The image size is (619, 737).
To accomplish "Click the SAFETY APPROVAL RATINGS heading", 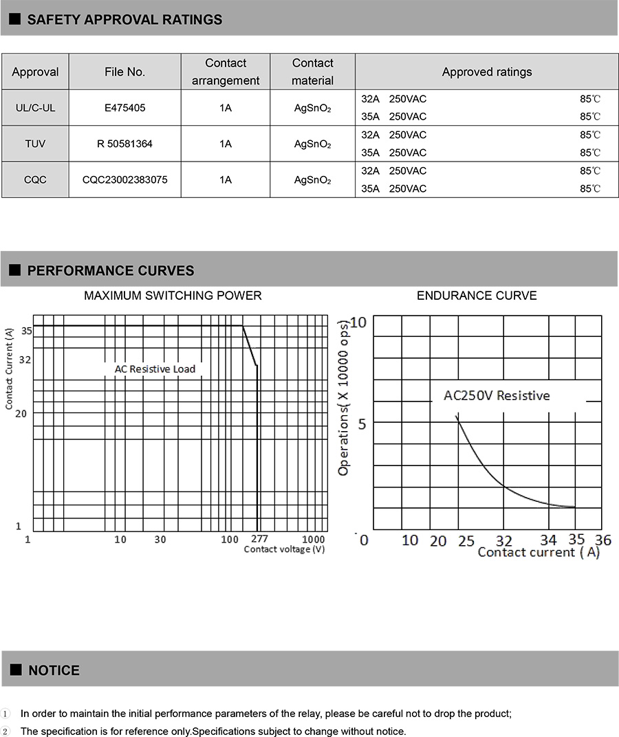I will tap(124, 19).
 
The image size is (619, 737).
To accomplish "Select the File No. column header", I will tap(124, 71).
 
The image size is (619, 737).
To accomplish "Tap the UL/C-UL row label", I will tap(35, 108).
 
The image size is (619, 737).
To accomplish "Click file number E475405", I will tap(124, 108).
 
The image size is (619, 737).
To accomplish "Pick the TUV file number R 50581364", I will tap(124, 144).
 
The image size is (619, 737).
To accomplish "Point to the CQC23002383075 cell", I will tap(124, 180).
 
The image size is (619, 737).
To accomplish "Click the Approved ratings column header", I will tap(486, 71).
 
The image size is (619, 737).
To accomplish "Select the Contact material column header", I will tap(312, 71).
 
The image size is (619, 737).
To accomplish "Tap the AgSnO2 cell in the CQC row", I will tap(312, 180).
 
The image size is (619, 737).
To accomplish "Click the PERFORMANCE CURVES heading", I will tap(110, 271).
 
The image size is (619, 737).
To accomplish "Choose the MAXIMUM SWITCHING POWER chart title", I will tap(173, 296).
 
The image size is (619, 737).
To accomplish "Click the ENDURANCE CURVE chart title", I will tap(477, 296).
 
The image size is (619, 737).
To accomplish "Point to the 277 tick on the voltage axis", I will tap(259, 539).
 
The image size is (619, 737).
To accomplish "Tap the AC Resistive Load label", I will tap(155, 369).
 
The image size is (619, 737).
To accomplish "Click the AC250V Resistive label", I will tap(497, 395).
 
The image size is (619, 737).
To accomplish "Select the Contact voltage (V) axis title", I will tap(284, 549).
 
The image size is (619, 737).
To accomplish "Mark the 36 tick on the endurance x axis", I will tap(602, 540).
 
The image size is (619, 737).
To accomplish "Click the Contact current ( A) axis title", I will tap(539, 552).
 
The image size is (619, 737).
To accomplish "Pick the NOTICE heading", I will tap(54, 670).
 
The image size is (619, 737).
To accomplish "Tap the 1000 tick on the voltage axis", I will tap(314, 540).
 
